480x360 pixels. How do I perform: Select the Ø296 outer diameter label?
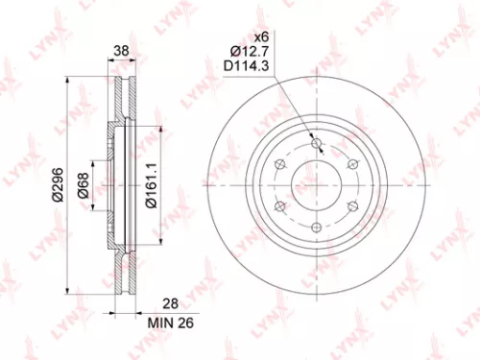(x=55, y=181)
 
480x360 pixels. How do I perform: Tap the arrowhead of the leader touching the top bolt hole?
(x=312, y=138)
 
